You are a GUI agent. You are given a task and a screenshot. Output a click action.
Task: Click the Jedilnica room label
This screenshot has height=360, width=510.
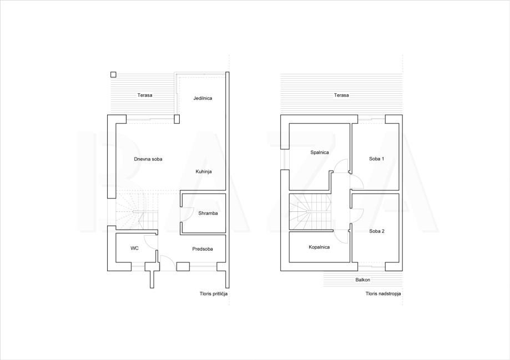(x=203, y=98)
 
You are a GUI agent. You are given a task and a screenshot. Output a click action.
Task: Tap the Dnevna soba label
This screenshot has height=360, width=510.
(x=148, y=159)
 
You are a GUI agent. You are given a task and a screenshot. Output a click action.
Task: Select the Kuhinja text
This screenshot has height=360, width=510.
(x=204, y=171)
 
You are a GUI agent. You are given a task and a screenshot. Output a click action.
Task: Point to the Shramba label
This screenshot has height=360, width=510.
(x=208, y=214)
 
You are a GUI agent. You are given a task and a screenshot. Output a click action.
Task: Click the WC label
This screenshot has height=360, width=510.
(x=135, y=248)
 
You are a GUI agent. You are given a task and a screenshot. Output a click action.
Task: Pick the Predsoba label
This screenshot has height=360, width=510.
(x=203, y=249)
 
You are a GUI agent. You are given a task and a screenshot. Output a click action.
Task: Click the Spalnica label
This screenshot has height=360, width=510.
(x=320, y=152)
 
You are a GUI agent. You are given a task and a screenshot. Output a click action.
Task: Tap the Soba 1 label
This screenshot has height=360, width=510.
(x=377, y=159)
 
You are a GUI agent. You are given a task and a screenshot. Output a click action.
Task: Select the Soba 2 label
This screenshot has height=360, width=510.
(x=377, y=231)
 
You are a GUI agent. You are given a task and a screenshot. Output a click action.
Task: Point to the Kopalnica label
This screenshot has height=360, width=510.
(x=319, y=247)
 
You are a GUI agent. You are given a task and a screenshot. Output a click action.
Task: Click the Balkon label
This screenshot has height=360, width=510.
(x=362, y=280)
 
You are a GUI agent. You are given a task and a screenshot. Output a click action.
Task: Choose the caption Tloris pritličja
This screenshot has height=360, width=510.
(x=214, y=293)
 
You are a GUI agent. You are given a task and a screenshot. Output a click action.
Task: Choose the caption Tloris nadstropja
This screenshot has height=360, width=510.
(x=383, y=293)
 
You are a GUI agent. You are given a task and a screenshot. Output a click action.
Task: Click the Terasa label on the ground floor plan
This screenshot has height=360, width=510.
(x=145, y=95)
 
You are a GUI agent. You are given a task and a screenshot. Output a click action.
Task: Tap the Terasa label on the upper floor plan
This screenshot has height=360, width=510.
(x=341, y=95)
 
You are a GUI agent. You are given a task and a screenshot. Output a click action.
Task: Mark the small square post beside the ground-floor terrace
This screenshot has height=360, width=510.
(x=113, y=74)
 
